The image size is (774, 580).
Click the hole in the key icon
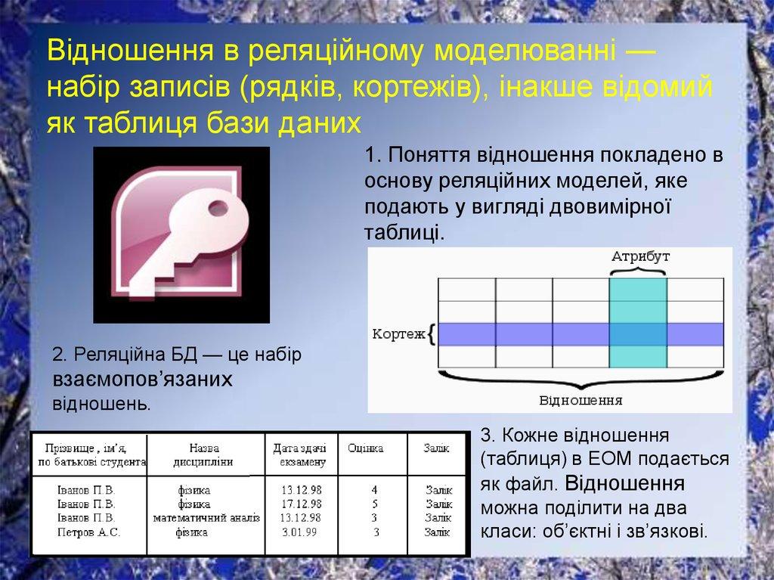[218, 208]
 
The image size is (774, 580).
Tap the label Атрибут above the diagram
[640, 256]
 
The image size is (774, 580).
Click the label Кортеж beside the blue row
[399, 334]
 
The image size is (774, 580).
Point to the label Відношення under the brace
[580, 400]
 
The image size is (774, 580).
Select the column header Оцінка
[365, 448]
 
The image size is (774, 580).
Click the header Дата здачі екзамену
[299, 455]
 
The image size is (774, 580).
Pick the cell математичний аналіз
[206, 518]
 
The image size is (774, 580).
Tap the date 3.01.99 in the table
[299, 532]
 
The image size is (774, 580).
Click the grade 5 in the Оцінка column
[375, 504]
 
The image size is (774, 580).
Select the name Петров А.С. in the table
[89, 532]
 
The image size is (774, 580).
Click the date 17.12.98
[301, 504]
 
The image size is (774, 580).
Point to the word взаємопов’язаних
[142, 379]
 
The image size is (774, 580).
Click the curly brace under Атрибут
[638, 270]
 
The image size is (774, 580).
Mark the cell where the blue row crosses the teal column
[638, 334]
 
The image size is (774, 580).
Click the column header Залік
[436, 448]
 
